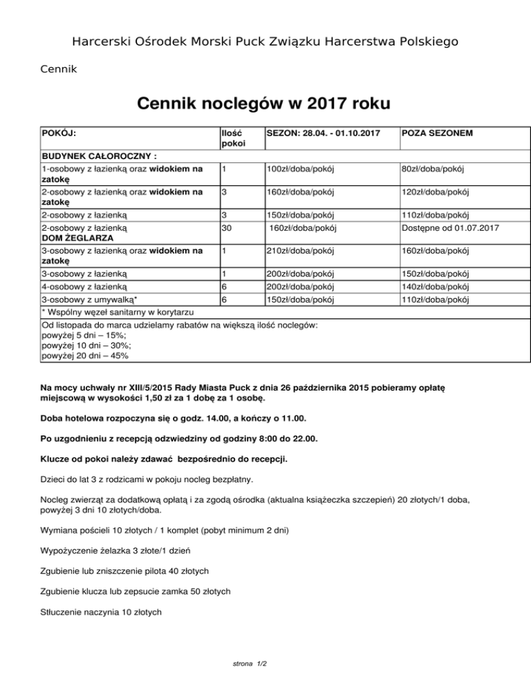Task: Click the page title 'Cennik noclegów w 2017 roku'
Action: [x=263, y=104]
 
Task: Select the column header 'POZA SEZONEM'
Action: [x=437, y=132]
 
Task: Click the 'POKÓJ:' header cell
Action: [x=59, y=132]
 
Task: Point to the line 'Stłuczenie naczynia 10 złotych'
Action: [x=102, y=612]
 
